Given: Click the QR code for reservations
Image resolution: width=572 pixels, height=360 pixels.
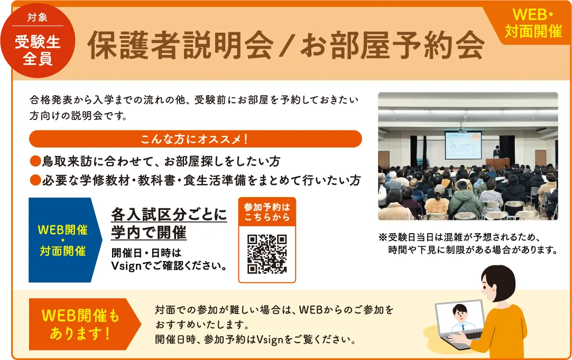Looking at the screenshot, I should (x=267, y=254).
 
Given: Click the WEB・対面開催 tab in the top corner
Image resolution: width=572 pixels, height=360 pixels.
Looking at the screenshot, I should (x=533, y=24).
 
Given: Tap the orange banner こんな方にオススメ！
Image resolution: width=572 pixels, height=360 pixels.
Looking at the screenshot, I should (x=195, y=139).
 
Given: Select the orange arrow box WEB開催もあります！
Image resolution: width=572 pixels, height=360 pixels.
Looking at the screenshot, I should (x=82, y=325).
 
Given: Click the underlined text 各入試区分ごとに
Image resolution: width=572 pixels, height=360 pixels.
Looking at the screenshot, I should (x=169, y=215).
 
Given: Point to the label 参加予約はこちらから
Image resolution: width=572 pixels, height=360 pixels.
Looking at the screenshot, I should (x=267, y=211).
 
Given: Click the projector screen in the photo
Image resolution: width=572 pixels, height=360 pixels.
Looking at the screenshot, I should (x=463, y=144).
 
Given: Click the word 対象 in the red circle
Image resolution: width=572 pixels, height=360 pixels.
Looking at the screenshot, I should (x=38, y=17).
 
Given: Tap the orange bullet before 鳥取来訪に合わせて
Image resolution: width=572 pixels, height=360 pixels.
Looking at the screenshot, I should (x=35, y=161).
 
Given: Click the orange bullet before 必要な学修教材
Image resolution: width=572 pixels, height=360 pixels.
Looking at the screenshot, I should (x=35, y=180).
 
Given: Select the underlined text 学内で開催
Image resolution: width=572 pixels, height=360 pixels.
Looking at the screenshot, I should (x=149, y=232).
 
